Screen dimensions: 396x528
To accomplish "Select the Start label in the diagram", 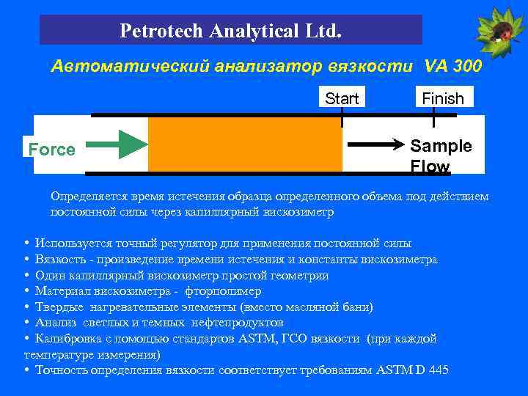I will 342,98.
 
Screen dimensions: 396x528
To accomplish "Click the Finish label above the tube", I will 443,98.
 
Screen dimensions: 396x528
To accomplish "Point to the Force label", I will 51,150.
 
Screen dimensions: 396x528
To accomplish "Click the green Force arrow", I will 122,142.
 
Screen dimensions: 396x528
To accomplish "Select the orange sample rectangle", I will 245,144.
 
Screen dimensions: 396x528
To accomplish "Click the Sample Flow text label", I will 440,155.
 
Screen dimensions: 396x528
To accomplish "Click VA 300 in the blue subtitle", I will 452,67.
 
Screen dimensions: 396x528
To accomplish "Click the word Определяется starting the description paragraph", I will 85,197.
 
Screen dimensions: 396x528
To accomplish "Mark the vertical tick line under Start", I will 342,117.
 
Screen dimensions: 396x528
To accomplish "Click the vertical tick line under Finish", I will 434,117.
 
